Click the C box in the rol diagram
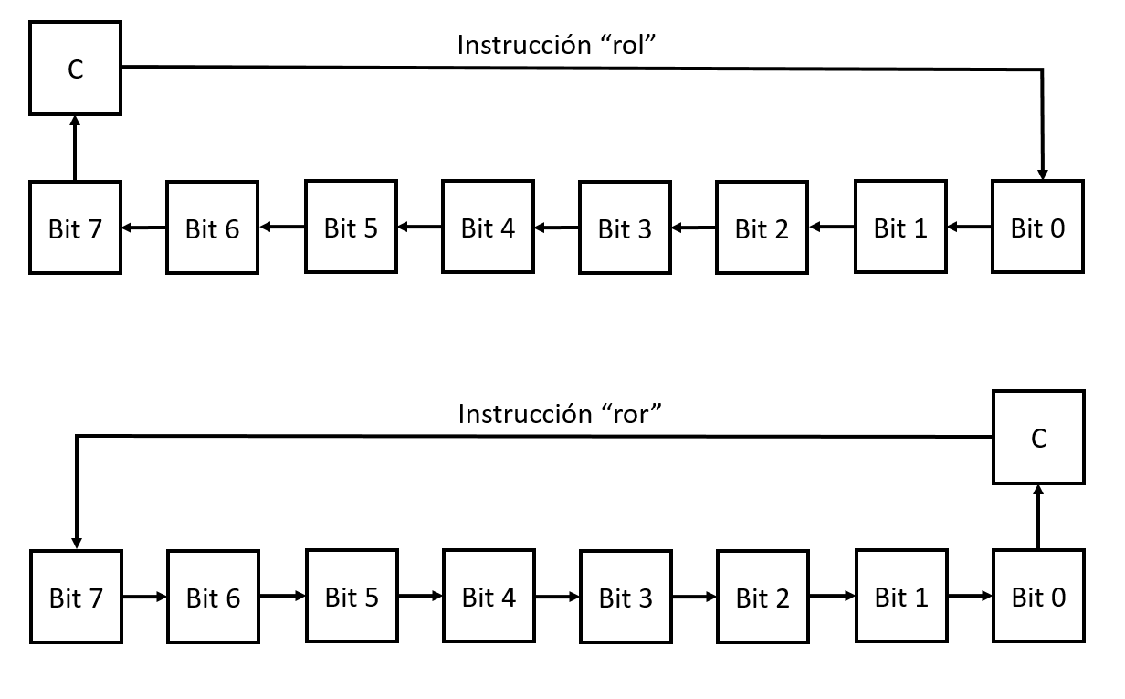(x=75, y=69)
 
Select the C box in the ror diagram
(x=1038, y=438)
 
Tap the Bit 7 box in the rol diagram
(x=75, y=228)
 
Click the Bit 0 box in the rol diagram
(x=1038, y=228)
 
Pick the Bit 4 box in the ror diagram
(x=489, y=597)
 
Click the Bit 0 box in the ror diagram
(x=1038, y=597)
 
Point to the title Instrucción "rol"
(x=558, y=45)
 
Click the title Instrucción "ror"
(x=558, y=414)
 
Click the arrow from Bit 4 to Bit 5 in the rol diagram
(x=419, y=228)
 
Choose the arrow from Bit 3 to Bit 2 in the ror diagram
(x=694, y=597)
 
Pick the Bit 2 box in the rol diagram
(x=762, y=228)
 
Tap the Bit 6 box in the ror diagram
(x=213, y=597)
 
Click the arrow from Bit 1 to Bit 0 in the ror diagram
(x=970, y=597)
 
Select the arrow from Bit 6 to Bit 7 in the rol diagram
(x=143, y=228)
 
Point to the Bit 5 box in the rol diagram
(x=351, y=228)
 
